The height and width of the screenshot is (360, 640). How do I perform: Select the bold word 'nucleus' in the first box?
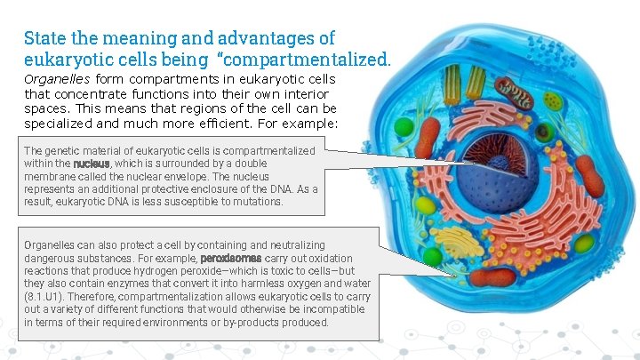click(x=92, y=164)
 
